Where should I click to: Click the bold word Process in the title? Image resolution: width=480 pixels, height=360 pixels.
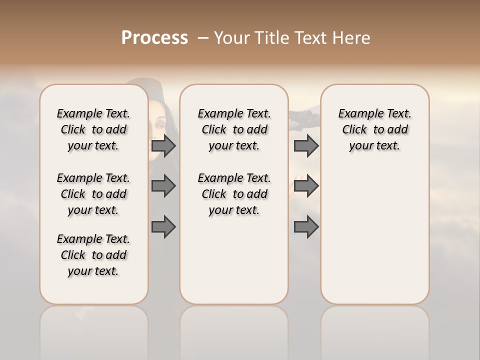click(154, 38)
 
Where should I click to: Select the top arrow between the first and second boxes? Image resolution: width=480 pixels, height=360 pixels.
click(163, 146)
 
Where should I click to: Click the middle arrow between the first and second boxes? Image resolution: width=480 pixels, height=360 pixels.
click(163, 186)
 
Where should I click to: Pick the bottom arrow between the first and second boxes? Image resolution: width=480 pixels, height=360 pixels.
click(163, 227)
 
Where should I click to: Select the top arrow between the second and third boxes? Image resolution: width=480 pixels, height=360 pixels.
click(306, 146)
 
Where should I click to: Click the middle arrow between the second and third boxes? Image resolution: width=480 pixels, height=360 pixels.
click(306, 186)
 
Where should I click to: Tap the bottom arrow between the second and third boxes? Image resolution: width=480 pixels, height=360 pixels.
click(306, 227)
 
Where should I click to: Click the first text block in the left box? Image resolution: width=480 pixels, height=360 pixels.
click(93, 129)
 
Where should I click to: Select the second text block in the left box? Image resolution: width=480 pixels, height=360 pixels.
click(93, 194)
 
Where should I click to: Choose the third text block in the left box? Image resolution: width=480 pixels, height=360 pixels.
click(93, 255)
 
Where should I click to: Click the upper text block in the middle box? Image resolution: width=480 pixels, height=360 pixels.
click(234, 129)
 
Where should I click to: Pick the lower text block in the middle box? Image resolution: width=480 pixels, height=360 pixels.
click(234, 194)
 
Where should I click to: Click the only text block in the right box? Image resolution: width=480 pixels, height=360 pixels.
click(374, 129)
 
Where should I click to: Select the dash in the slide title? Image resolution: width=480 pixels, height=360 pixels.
click(202, 38)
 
